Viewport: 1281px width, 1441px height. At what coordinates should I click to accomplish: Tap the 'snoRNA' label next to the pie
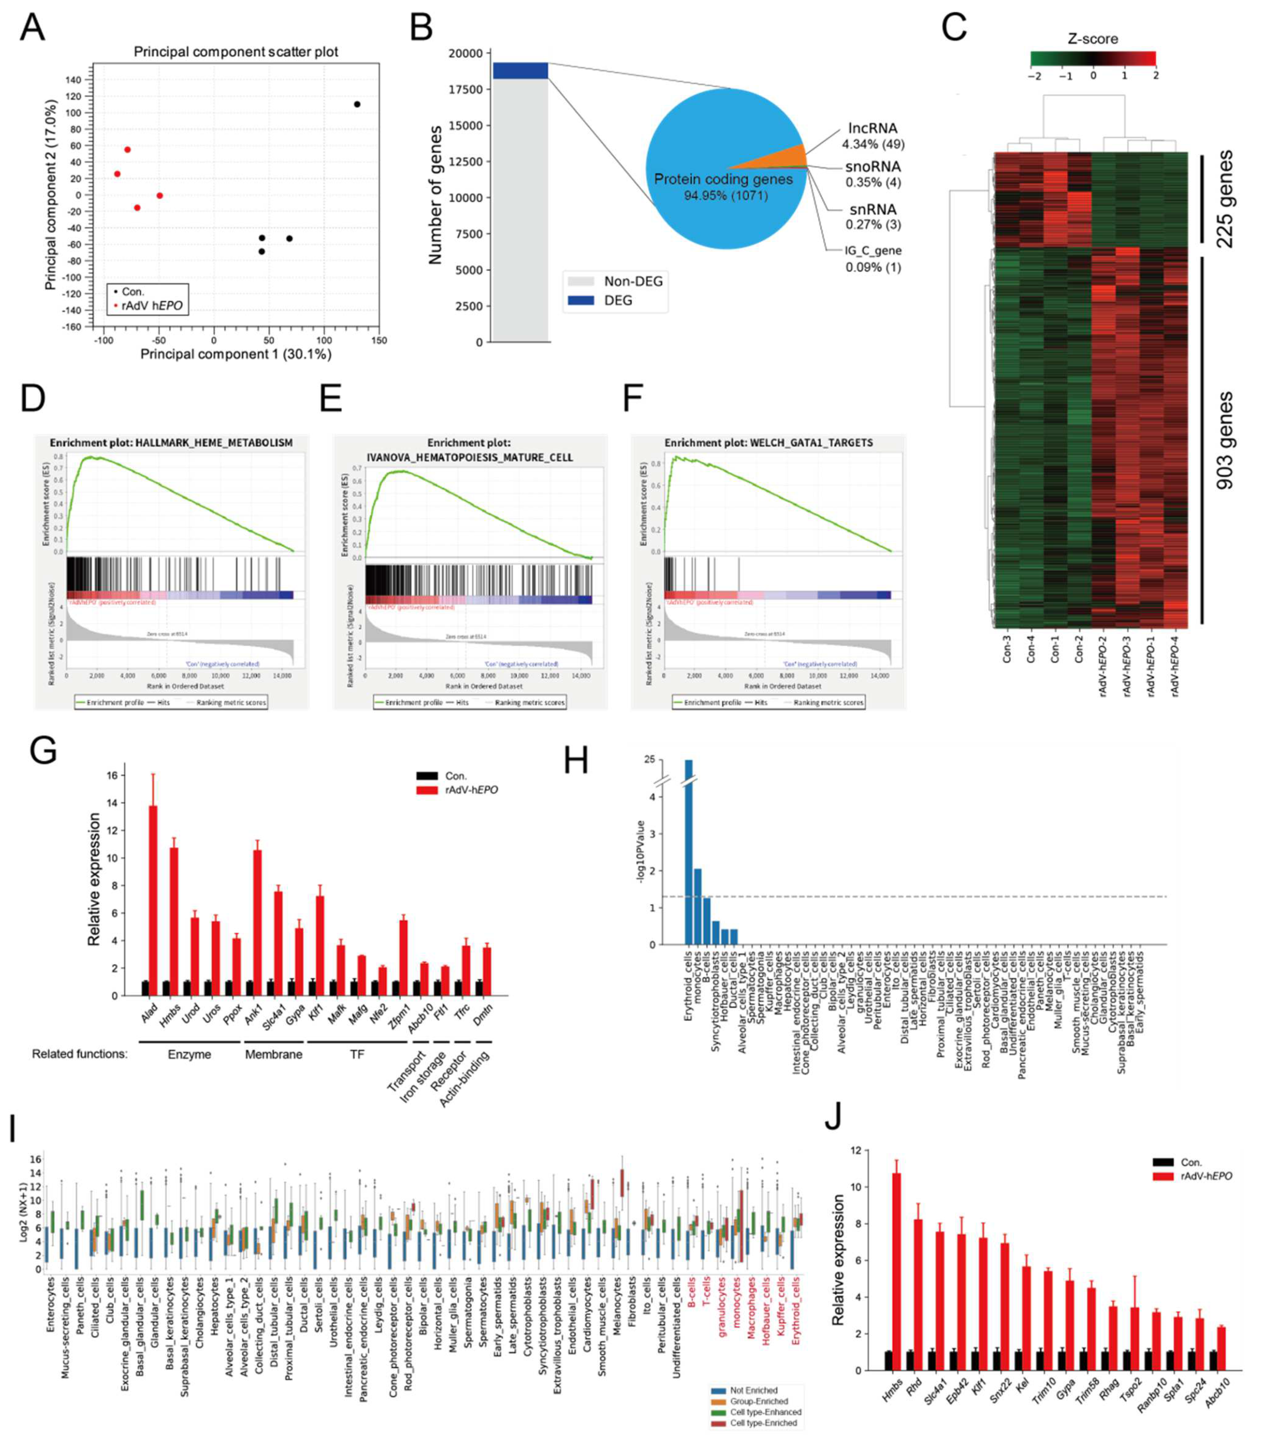click(x=873, y=167)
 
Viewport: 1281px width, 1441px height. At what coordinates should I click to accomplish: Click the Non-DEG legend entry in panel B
click(x=632, y=281)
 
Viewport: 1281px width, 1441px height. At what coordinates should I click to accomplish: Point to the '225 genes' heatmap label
click(x=1225, y=199)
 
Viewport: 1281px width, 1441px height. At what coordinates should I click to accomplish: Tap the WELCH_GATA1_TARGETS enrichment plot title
click(x=769, y=443)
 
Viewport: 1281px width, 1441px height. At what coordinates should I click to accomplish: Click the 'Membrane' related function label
click(x=274, y=1055)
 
